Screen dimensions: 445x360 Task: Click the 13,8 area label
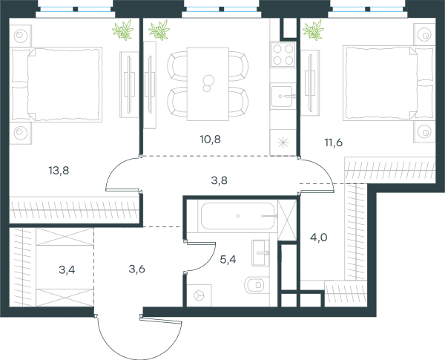(x=59, y=171)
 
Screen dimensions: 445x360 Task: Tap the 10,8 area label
(x=211, y=140)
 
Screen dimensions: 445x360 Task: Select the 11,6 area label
(x=334, y=143)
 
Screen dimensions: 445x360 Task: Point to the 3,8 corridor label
(x=219, y=180)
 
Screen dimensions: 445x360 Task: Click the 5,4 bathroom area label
(x=228, y=259)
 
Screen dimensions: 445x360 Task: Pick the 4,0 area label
(x=319, y=238)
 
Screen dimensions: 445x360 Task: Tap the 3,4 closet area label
(x=67, y=269)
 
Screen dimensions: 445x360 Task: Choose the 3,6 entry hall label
(x=136, y=269)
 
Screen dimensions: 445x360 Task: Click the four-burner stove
(x=283, y=54)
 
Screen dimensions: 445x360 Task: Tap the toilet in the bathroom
(x=257, y=285)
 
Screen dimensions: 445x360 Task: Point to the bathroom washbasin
(x=260, y=252)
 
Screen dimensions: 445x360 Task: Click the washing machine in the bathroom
(x=200, y=295)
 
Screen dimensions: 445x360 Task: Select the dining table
(x=208, y=84)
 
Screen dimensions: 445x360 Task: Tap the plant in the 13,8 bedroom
(x=123, y=30)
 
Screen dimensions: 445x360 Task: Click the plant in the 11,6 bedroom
(x=313, y=30)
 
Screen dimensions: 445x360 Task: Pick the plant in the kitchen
(x=159, y=30)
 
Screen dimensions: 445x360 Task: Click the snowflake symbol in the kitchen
(x=283, y=143)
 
